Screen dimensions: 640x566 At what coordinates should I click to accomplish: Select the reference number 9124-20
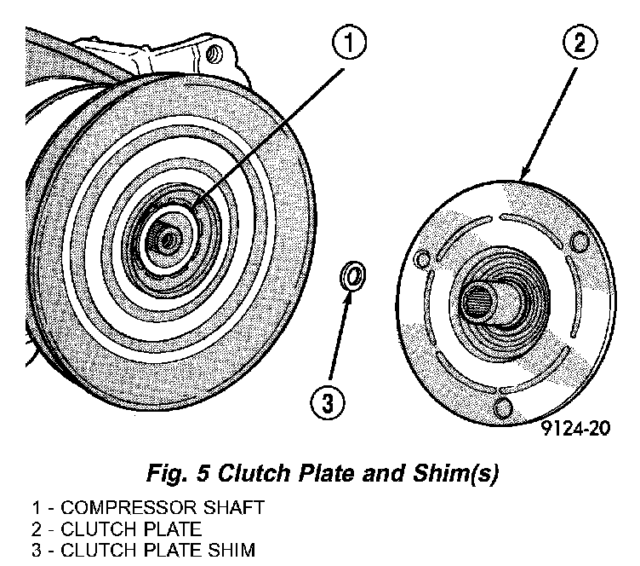point(575,429)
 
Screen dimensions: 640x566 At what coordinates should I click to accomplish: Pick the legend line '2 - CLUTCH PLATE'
point(117,528)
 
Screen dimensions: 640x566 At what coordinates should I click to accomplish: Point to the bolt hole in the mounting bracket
point(212,56)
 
